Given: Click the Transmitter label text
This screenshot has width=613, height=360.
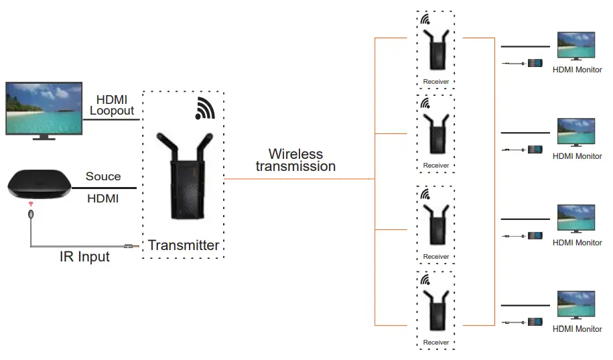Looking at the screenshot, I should [183, 245].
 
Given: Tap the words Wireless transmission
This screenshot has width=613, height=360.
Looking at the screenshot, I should [295, 160].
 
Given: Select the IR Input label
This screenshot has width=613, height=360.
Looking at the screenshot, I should [84, 257].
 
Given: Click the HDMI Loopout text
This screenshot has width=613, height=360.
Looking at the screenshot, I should [112, 105].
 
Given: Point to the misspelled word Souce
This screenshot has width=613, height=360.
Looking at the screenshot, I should [103, 176].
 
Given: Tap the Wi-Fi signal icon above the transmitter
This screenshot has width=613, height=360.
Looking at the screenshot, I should [205, 108].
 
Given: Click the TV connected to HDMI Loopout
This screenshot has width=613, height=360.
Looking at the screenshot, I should [44, 109].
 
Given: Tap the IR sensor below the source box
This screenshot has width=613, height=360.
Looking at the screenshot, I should [31, 215].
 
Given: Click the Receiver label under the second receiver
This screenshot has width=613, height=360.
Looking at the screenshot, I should [436, 166].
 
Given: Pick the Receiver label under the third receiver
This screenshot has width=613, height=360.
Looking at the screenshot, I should [436, 257].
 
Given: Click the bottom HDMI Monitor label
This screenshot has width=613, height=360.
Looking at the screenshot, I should [577, 329].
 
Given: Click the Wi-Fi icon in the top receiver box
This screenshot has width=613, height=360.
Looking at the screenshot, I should [425, 19].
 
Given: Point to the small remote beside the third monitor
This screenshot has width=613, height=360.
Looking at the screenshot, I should [535, 236].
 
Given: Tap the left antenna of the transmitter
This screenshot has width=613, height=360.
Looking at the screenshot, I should [164, 148].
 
